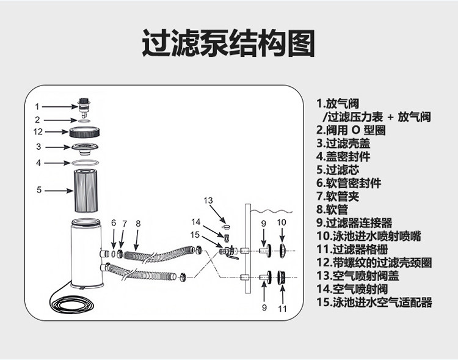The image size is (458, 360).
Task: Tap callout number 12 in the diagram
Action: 38,131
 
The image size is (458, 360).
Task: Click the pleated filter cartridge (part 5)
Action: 86,191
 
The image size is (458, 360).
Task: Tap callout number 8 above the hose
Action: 139,223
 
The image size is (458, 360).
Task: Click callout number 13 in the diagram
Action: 208,200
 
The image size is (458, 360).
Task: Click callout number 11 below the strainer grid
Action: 282,308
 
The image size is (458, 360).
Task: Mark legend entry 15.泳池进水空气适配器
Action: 374,302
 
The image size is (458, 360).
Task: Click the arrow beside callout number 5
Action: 59,191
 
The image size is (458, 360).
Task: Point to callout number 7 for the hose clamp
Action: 125,223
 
